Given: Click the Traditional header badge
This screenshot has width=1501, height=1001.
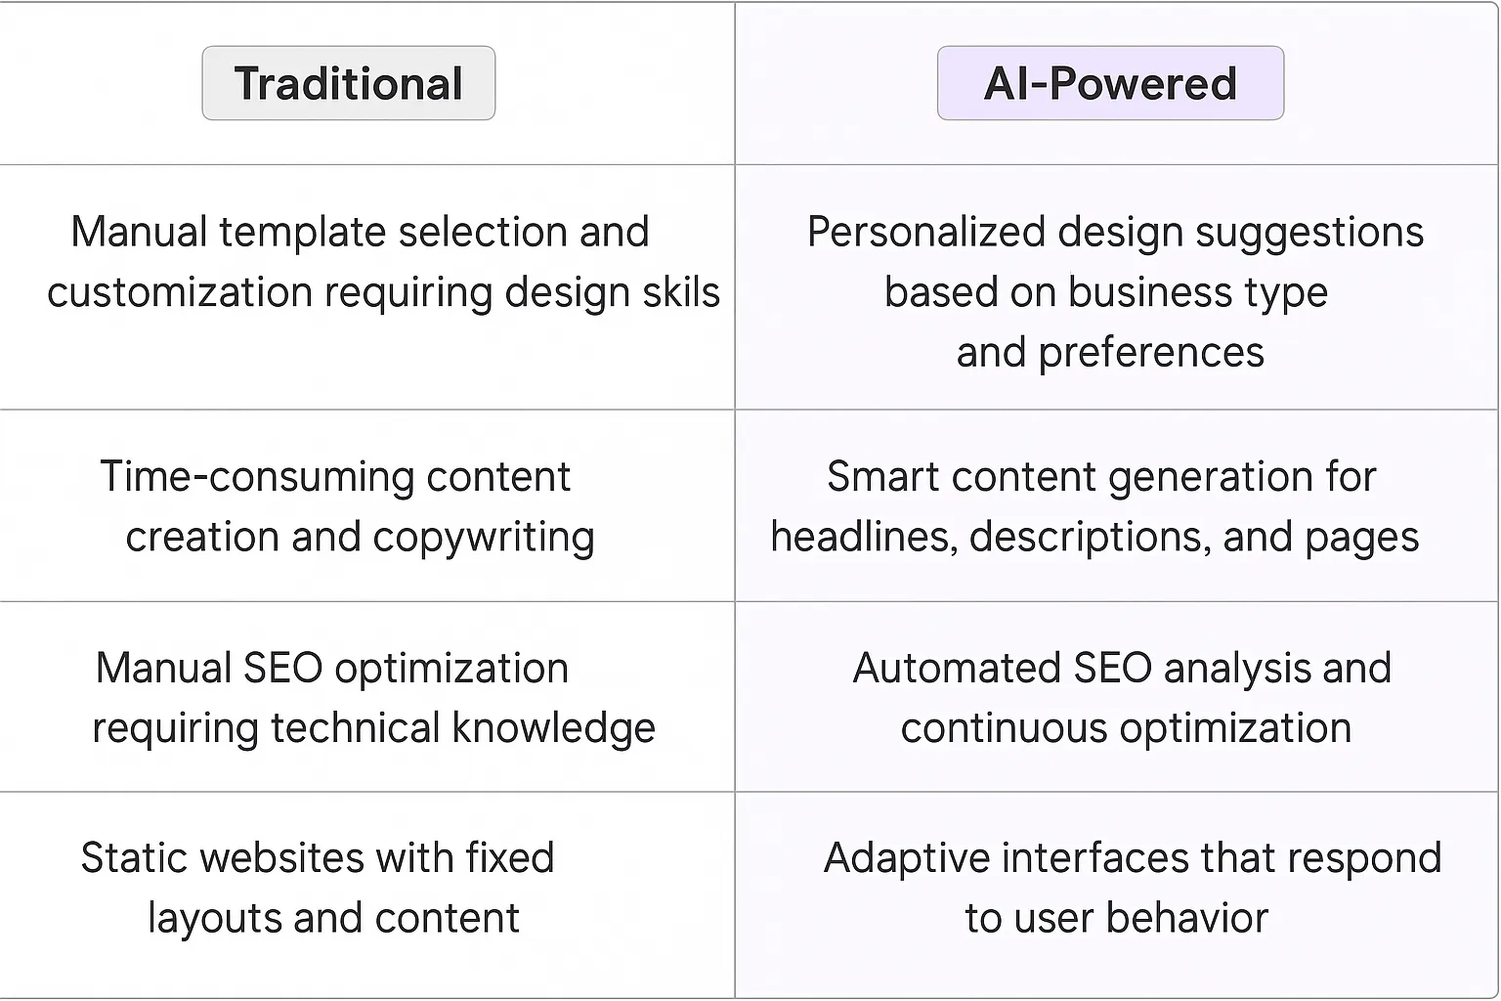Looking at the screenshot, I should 348,83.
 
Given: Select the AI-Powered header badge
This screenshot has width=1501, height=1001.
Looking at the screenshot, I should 1110,83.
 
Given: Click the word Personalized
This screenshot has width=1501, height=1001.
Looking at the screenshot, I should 925,233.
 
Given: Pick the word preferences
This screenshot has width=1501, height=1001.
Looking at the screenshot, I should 1151,353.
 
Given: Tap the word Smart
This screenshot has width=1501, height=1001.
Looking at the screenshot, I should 881,477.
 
